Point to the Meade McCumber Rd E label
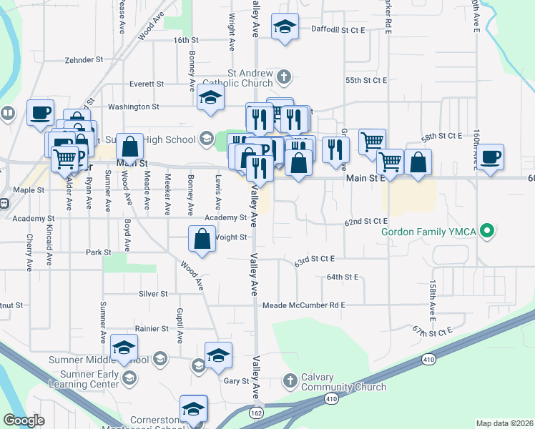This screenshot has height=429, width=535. [x=304, y=305]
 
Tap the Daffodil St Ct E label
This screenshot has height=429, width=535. [x=338, y=30]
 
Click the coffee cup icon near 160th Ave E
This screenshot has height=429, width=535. [x=491, y=158]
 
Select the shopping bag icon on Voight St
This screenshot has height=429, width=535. [x=202, y=240]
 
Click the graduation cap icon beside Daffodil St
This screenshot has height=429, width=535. [x=285, y=29]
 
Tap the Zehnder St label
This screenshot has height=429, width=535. [x=84, y=60]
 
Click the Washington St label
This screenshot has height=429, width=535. [x=133, y=107]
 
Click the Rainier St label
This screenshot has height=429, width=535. [x=154, y=329]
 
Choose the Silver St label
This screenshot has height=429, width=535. [x=153, y=293]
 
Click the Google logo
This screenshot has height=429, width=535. [x=24, y=420]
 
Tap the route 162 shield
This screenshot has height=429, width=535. [x=256, y=413]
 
